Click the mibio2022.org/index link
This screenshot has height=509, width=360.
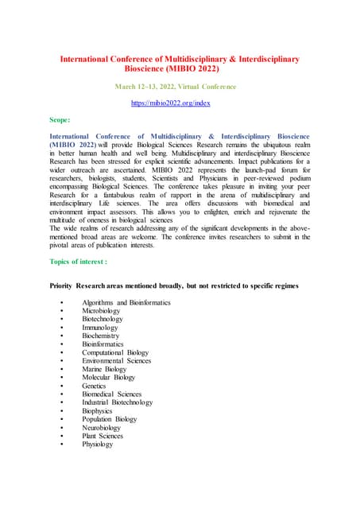point(180,103)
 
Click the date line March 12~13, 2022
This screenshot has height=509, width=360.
point(180,86)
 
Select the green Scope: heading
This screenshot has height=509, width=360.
point(60,120)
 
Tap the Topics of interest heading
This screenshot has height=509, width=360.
point(78,239)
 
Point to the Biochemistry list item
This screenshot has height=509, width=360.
point(101,336)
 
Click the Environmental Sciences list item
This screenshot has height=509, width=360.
point(116,360)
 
